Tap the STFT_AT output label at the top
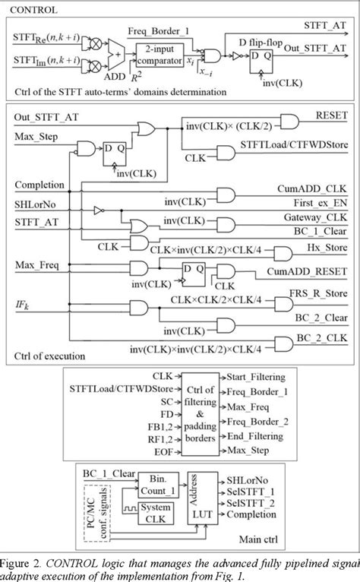[x=330, y=24]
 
